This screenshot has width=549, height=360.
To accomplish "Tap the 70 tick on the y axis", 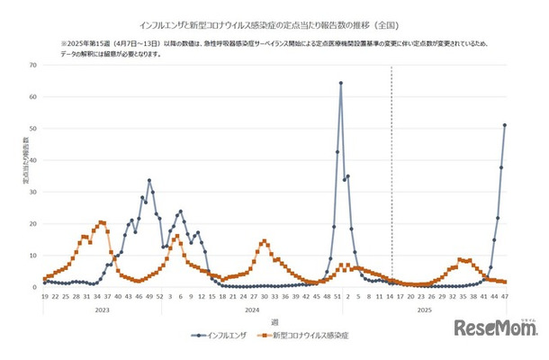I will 32,65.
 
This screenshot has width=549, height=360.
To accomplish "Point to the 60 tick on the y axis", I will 32,96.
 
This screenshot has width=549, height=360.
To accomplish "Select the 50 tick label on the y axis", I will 32,129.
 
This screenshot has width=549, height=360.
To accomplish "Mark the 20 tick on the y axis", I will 32,224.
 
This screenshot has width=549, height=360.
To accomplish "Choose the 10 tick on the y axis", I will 32,256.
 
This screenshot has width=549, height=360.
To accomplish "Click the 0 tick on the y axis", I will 34,287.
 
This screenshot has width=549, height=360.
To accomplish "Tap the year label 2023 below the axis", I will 103,308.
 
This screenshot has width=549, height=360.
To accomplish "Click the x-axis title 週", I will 275,321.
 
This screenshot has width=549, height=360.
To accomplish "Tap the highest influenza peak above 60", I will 341,83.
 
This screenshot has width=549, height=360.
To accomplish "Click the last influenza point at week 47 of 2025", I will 505,125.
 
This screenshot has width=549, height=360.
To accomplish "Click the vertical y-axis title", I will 25,172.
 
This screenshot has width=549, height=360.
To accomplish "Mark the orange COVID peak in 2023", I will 102,221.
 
